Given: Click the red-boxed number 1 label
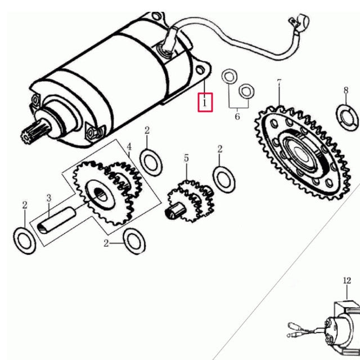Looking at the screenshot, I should pyautogui.click(x=205, y=103).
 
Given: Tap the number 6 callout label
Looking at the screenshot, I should pyautogui.click(x=237, y=116).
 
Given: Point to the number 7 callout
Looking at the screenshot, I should pyautogui.click(x=279, y=84).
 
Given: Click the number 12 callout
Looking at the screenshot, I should pyautogui.click(x=346, y=280).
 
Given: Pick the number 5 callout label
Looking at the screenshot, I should pyautogui.click(x=186, y=159).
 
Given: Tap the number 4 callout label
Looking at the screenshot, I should pyautogui.click(x=129, y=148).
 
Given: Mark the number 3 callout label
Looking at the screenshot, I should pyautogui.click(x=49, y=198).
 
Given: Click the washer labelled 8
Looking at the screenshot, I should pyautogui.click(x=347, y=115).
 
